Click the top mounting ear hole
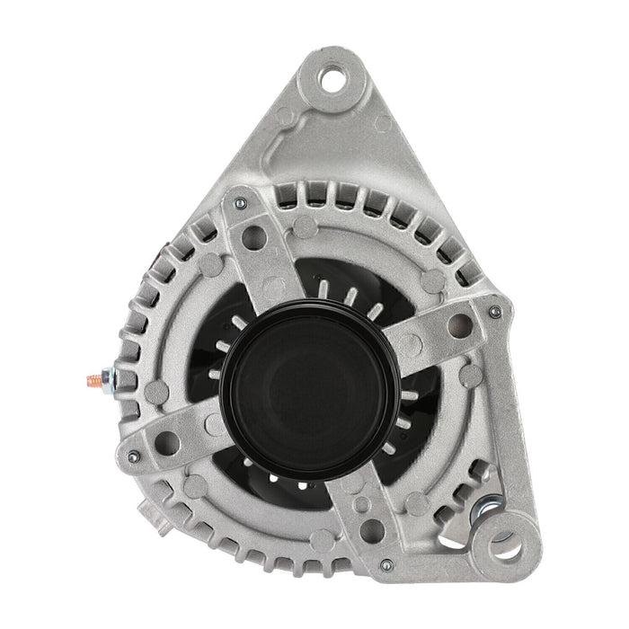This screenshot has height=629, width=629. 332,78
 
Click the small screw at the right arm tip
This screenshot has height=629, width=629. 492,312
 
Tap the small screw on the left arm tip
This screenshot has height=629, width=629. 133,457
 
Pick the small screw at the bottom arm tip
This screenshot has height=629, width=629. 385,565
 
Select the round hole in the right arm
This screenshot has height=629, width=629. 459,325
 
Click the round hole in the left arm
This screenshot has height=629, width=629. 167,441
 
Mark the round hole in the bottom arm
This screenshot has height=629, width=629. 372,531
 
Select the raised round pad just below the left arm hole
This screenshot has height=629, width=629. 193,486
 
